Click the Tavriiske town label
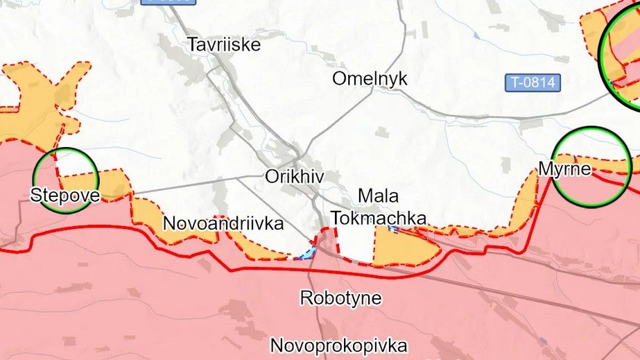(x=224, y=45)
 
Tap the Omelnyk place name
(x=370, y=78)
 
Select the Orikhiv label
(x=295, y=176)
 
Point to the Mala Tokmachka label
(x=379, y=206)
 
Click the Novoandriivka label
(x=223, y=223)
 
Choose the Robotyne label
(x=340, y=298)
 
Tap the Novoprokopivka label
(x=338, y=345)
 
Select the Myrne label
(x=564, y=169)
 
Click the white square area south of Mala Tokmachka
(x=355, y=243)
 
